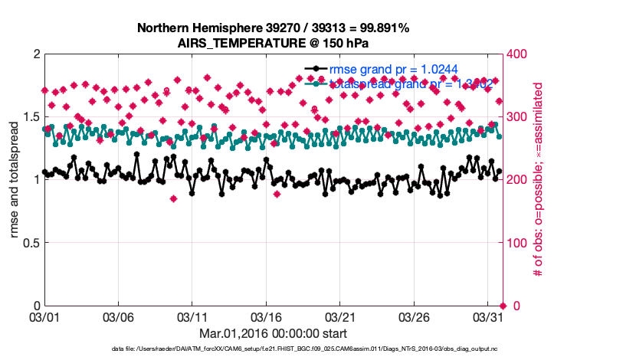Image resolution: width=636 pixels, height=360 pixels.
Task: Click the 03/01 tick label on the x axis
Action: tap(44, 316)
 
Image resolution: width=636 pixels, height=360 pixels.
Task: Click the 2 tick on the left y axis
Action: tap(35, 54)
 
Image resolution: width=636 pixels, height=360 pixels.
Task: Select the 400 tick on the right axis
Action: tap(517, 54)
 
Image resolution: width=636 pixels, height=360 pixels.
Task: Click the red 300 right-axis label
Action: tap(517, 117)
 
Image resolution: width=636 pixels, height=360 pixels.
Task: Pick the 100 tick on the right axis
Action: tap(517, 243)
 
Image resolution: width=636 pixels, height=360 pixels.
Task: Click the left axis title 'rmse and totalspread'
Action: tap(15, 180)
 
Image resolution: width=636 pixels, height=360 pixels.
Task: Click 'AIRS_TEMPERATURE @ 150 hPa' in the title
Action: tap(273, 43)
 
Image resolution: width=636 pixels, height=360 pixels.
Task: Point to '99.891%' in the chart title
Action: tap(382, 28)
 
